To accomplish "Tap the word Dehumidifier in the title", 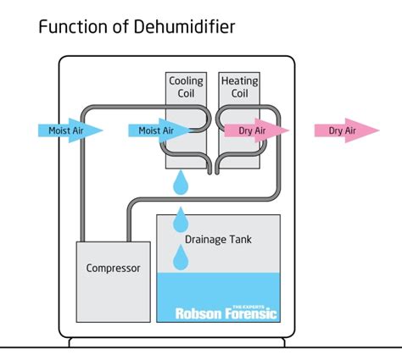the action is pos(184,27).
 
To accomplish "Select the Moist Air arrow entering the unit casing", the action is pos(70,130).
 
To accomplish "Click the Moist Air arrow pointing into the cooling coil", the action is pos(160,130).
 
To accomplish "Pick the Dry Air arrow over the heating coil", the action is pos(257,130).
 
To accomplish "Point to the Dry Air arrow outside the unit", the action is pos(347,130).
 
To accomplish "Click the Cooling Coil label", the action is pos(186,87).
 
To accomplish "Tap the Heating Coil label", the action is pos(239,87).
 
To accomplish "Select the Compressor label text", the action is pos(113,268).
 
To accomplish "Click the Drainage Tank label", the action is pos(218,240).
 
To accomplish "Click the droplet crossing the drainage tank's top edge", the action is pos(181,219).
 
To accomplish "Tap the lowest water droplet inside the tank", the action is pos(181,258).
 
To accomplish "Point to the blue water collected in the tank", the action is pos(219,297).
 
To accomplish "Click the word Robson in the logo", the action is pos(198,313).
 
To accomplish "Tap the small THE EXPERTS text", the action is pos(248,307).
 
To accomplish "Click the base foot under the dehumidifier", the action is pos(177,342).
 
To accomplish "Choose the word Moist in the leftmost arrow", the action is pos(59,130).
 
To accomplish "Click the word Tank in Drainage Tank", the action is pos(240,240).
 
